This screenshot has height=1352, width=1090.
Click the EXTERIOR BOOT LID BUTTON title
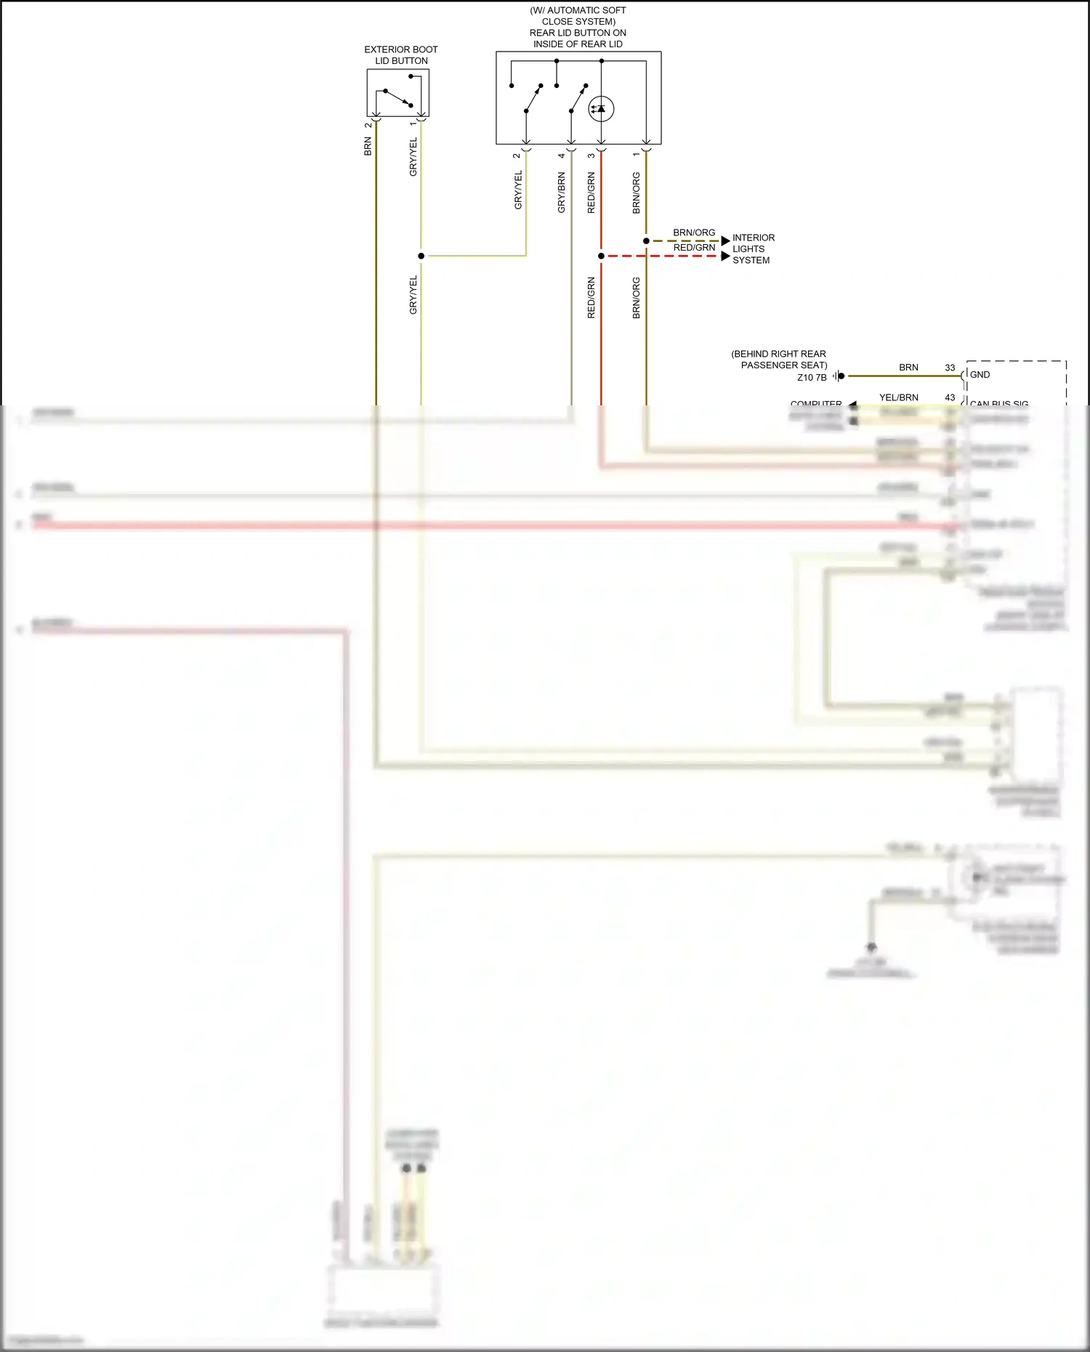[400, 55]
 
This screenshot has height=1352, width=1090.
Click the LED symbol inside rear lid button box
[600, 109]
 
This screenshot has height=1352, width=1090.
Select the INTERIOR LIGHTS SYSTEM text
[753, 248]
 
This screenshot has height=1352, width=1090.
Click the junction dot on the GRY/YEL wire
[421, 256]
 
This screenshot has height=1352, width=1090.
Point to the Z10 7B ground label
[812, 377]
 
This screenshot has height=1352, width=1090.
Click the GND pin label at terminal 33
[980, 375]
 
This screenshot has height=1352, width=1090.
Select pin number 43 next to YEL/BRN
[950, 397]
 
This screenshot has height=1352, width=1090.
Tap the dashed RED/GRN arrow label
[694, 248]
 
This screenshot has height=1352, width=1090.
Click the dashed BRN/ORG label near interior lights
[694, 232]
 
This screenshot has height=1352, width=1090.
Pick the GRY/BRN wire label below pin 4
[561, 193]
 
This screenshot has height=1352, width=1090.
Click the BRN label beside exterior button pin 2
[368, 147]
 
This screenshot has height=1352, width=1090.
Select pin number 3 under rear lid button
[592, 155]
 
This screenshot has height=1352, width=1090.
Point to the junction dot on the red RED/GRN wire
[601, 256]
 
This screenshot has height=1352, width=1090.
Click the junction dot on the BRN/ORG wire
[646, 240]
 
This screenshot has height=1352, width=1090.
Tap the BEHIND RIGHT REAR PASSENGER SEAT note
[779, 359]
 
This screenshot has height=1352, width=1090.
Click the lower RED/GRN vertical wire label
[591, 298]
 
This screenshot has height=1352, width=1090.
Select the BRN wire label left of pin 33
[908, 368]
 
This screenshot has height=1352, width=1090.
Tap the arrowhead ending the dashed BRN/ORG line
[725, 240]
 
